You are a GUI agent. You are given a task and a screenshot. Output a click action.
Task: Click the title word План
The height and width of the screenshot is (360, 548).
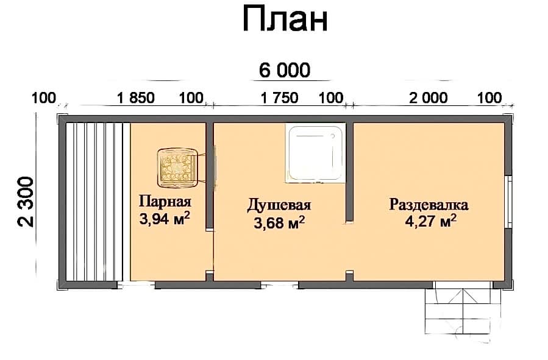tap(285, 19)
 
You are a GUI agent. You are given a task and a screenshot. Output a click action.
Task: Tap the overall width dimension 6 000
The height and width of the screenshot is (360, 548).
tap(285, 70)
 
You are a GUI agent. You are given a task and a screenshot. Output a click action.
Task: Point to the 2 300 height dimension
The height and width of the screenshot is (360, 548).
tap(26, 202)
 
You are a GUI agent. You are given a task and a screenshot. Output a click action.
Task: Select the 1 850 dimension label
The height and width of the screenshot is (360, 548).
tap(136, 98)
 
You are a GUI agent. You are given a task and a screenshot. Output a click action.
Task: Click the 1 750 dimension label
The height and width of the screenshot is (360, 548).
tap(280, 98)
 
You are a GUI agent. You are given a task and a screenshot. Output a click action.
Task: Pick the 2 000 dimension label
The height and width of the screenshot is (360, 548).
tap(428, 98)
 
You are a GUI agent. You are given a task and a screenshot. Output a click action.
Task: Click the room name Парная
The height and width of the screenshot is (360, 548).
tap(165, 202)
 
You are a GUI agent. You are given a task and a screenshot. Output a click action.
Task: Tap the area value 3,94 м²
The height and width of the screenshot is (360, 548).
tap(165, 219)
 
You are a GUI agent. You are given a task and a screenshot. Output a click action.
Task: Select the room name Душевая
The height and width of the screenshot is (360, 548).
tap(279, 205)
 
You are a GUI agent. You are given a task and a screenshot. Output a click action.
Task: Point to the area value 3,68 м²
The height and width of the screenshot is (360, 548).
tap(279, 222)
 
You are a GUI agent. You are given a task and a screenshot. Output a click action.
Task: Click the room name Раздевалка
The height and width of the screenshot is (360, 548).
tap(429, 205)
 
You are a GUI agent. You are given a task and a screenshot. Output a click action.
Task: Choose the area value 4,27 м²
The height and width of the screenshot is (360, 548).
tap(430, 221)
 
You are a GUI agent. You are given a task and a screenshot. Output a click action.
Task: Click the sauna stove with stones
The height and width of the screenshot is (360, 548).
tap(177, 168)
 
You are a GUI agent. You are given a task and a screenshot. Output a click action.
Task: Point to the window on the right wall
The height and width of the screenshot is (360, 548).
tap(510, 202)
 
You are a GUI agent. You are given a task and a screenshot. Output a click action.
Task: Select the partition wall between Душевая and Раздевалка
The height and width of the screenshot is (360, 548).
tap(349, 172)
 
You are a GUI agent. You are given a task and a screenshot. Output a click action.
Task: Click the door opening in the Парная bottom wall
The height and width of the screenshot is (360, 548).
tap(136, 285)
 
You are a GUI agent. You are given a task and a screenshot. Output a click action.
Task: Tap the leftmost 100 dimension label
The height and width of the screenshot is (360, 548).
tap(44, 98)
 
